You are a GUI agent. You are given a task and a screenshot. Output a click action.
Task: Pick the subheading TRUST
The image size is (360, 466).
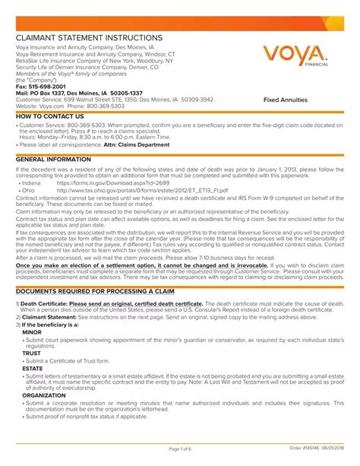click(32, 353)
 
